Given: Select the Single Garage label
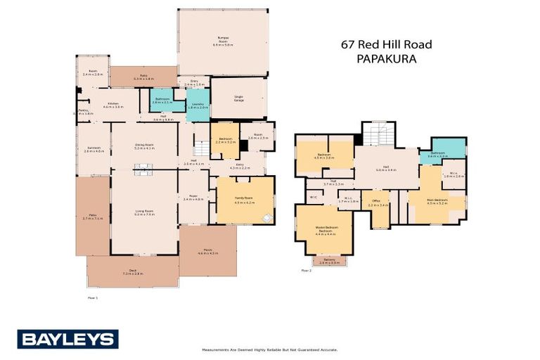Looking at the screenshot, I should (x=239, y=98).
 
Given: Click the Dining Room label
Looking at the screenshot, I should (x=144, y=147).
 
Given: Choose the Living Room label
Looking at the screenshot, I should (x=144, y=212).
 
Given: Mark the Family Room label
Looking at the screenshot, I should (x=244, y=200).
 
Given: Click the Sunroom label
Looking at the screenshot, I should (x=94, y=149).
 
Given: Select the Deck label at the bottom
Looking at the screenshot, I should (x=133, y=273).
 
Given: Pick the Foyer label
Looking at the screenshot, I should (x=193, y=198).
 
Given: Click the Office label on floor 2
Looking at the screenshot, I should (x=380, y=204).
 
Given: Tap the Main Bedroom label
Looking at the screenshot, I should (x=437, y=201).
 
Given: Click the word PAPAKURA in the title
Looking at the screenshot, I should (x=386, y=60).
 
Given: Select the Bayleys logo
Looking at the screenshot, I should (x=67, y=339).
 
